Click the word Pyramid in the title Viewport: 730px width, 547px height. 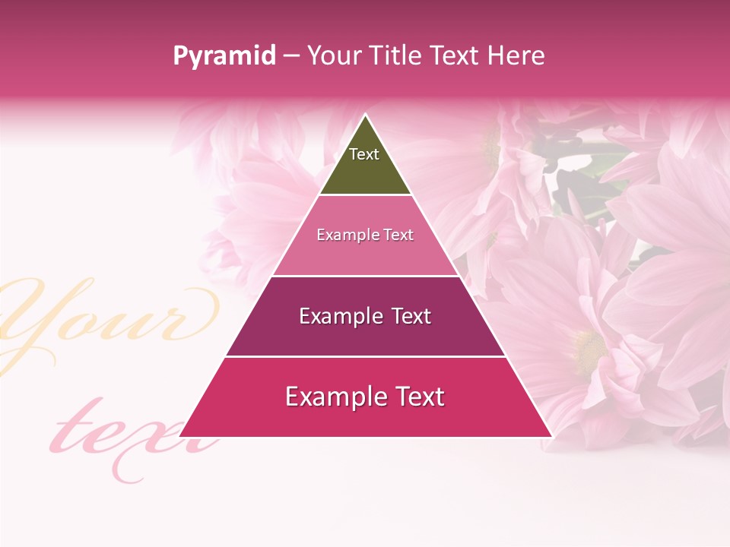click(224, 56)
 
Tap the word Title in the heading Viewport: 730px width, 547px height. click(395, 56)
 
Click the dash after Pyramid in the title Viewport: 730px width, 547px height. click(291, 56)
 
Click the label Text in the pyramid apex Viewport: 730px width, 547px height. click(364, 154)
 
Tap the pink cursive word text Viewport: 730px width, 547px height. click(129, 433)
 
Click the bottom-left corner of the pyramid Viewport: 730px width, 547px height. click(180, 436)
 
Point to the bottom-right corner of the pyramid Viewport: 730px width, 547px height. click(551, 436)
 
